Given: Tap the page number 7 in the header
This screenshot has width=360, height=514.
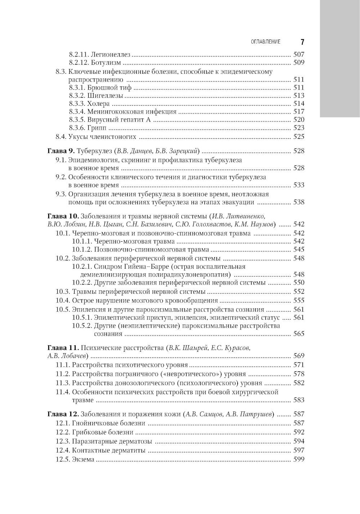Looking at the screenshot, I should point(302,42).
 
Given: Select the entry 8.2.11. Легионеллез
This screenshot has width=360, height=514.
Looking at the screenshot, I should point(99,55).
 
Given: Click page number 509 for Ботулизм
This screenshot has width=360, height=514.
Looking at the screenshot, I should point(299,63).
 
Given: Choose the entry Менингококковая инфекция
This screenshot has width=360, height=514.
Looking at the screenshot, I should point(132,112).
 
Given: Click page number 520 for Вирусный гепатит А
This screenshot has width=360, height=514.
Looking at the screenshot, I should point(299,120).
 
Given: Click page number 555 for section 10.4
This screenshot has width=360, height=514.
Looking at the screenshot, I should point(299,300).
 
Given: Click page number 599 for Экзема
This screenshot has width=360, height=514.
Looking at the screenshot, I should point(299,459).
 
